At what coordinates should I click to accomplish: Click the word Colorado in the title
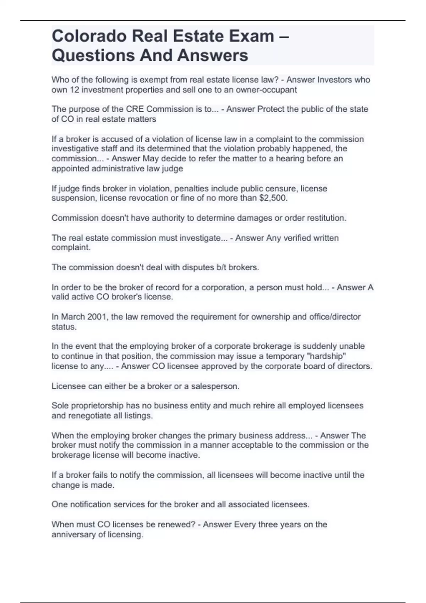click(x=89, y=36)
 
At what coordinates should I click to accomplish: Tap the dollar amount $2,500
click(x=273, y=198)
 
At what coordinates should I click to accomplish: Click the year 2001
click(x=97, y=317)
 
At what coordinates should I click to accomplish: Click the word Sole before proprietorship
click(x=59, y=406)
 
